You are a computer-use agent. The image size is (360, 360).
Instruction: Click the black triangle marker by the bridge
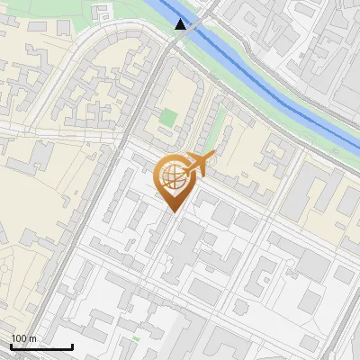(182, 24)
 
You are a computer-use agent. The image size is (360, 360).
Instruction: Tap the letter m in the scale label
(33, 338)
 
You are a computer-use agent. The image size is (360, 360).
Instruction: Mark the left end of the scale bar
(10, 346)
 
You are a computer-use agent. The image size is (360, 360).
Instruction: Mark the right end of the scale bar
(72, 346)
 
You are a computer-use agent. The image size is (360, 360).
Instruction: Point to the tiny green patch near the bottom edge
(136, 338)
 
